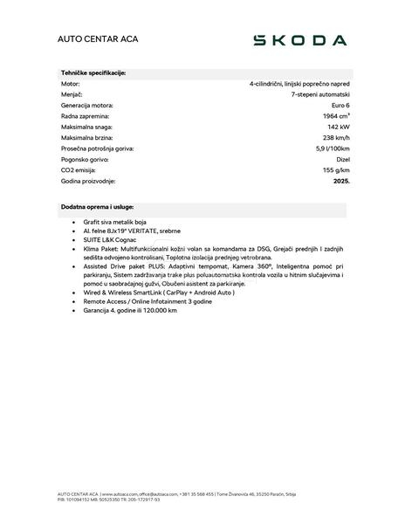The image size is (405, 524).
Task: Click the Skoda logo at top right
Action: [299, 40]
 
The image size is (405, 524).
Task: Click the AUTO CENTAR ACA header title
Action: [98, 40]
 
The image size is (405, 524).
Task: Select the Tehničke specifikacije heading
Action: [93, 73]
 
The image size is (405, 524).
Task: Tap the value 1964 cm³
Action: [336, 116]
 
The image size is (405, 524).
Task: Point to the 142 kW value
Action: [339, 127]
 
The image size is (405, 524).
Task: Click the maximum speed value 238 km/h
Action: [336, 138]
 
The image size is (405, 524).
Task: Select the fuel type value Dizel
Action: [341, 159]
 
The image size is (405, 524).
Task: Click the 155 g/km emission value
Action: [335, 170]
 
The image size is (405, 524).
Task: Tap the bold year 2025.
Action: [341, 181]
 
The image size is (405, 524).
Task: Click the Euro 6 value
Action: [339, 106]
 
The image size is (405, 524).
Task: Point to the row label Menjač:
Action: [72, 94]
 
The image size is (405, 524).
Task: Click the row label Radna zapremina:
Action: [86, 116]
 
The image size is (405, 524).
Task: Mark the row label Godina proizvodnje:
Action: [88, 181]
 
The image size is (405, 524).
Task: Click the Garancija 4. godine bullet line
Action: [130, 310]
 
